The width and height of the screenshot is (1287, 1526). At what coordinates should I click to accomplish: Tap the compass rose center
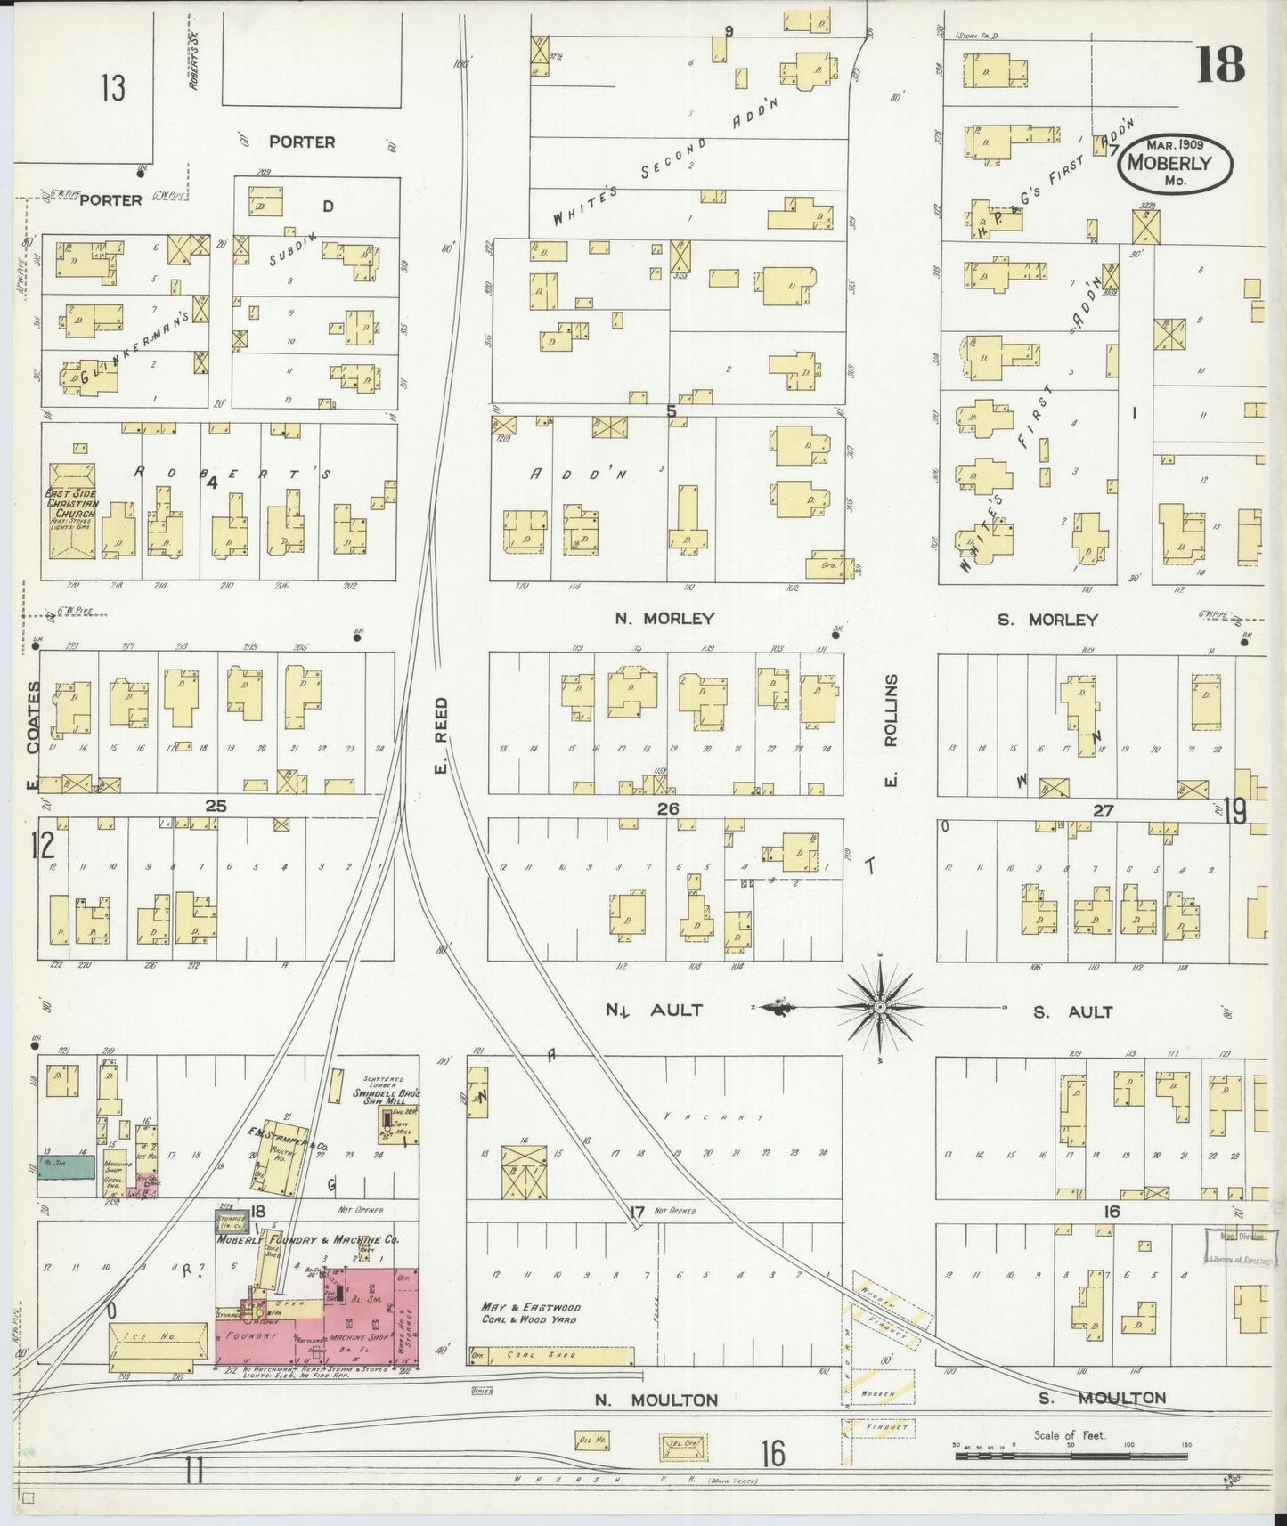pos(879,1007)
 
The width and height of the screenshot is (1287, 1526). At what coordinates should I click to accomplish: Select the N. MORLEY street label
pos(664,618)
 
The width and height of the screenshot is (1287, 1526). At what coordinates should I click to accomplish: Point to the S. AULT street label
pos(1072,1011)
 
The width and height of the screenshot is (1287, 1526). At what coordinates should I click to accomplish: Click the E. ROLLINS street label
pos(890,730)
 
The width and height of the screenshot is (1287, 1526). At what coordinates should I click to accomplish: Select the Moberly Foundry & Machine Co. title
pos(307,1238)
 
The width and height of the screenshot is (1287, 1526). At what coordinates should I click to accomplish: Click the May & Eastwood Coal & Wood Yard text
pos(531,1313)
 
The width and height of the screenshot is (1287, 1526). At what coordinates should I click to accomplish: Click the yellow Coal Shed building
pos(552,1355)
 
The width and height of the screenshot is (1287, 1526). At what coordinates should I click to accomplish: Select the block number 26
pos(668,808)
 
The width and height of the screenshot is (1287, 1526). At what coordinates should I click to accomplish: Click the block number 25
pos(216,806)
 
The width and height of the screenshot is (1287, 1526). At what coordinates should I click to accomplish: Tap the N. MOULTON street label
pos(656,1400)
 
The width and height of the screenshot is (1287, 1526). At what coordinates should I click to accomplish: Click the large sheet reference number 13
pos(113,89)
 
